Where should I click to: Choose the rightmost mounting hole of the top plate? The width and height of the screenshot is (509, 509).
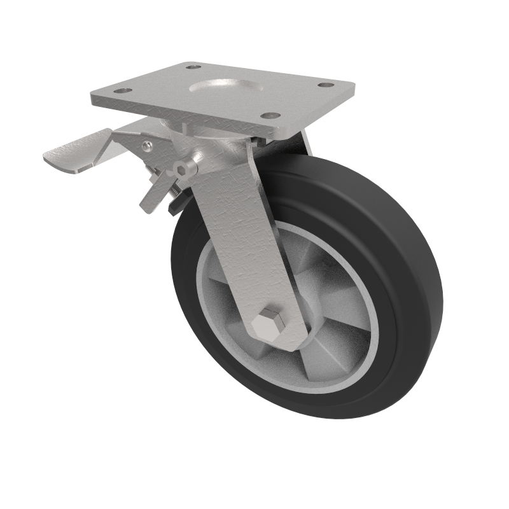pos(326,85)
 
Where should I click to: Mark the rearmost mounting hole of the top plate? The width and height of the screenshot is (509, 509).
pos(193,66)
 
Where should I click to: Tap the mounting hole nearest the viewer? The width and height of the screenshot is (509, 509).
pos(271,116)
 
